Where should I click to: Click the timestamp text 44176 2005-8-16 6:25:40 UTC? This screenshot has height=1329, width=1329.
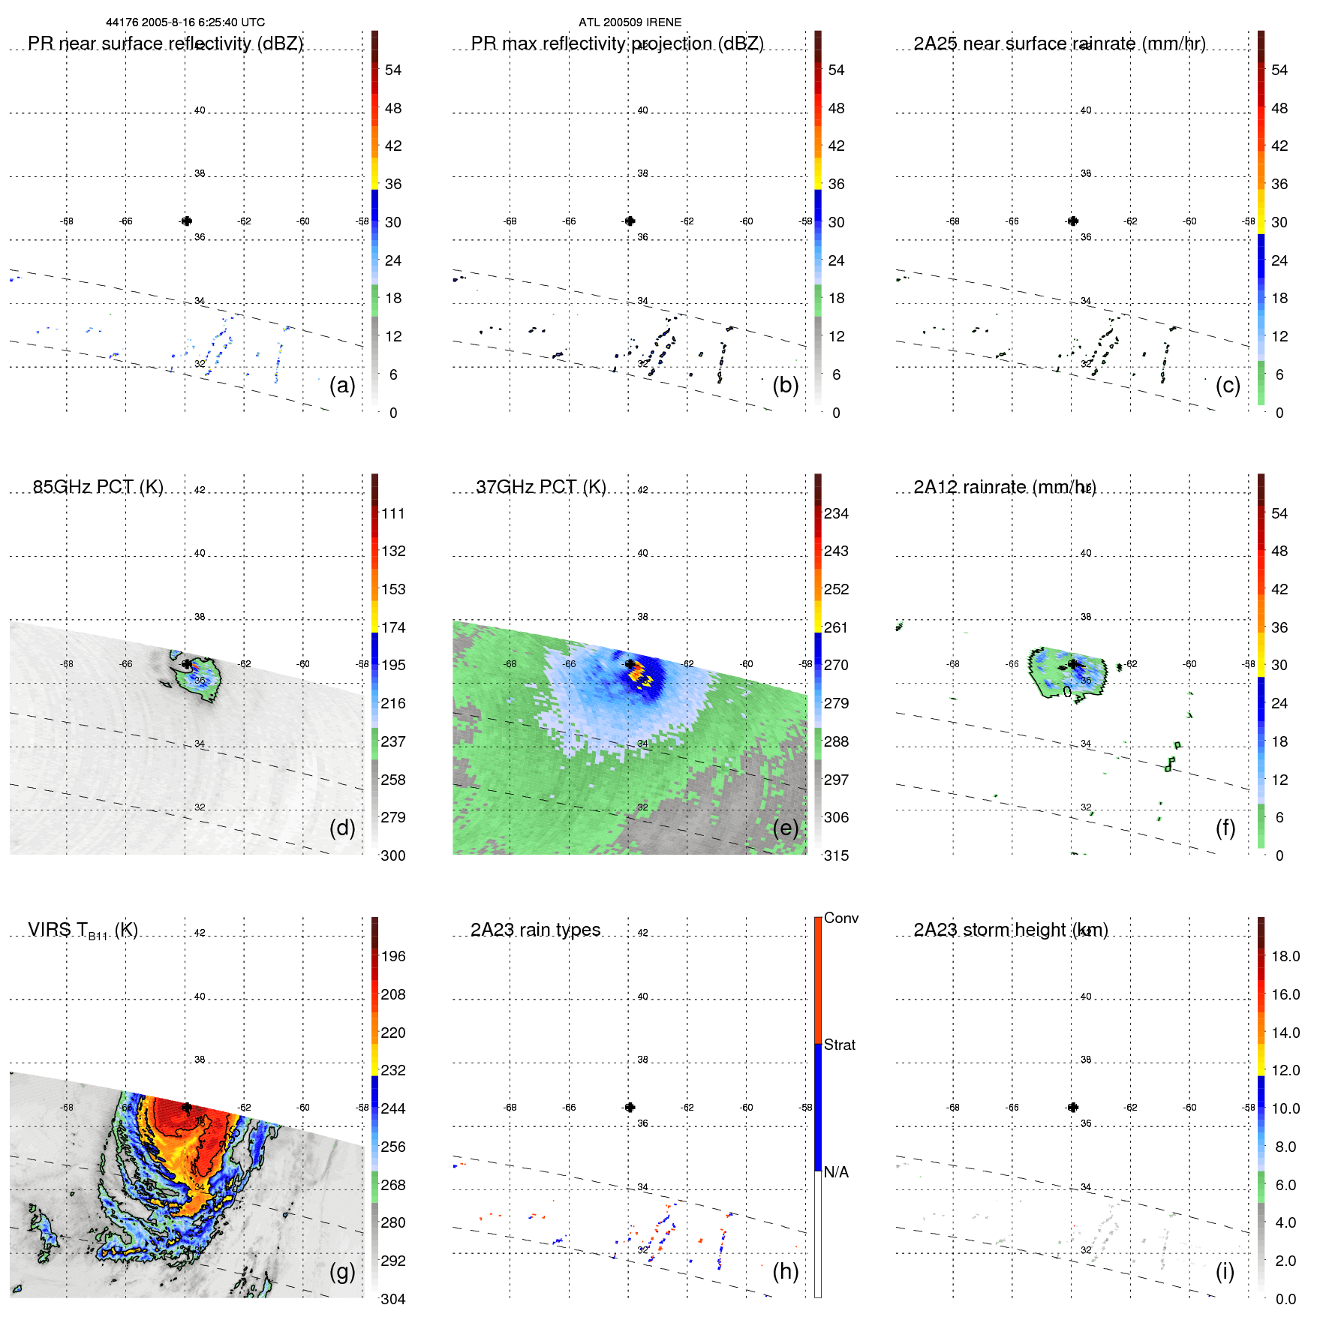185,23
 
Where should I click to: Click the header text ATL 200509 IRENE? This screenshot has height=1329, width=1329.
630,23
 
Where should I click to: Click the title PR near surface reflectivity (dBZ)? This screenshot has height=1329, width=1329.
165,44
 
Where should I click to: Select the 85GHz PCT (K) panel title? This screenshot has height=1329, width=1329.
98,487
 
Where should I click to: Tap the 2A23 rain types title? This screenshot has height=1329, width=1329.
535,930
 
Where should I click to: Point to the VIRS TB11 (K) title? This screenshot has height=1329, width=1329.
83,931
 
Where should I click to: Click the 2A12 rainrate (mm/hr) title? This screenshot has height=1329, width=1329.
1005,487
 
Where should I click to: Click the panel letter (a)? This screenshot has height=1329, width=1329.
342,386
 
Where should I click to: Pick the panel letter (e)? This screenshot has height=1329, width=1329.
785,828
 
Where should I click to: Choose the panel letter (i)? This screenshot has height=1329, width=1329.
1225,1271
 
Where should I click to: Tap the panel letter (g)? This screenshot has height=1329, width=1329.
342,1271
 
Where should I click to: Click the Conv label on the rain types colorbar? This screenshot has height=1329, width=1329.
841,918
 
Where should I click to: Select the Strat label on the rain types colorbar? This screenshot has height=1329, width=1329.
840,1045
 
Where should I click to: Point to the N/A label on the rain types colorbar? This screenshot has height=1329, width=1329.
836,1172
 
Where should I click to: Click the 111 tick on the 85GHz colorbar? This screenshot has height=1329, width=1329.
393,513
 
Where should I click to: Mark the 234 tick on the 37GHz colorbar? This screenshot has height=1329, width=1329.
836,513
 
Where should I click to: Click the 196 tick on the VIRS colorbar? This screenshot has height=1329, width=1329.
393,956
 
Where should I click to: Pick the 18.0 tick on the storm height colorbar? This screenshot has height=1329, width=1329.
1285,956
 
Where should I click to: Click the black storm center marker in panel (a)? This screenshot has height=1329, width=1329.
187,221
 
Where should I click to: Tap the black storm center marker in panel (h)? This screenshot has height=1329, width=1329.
630,1107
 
